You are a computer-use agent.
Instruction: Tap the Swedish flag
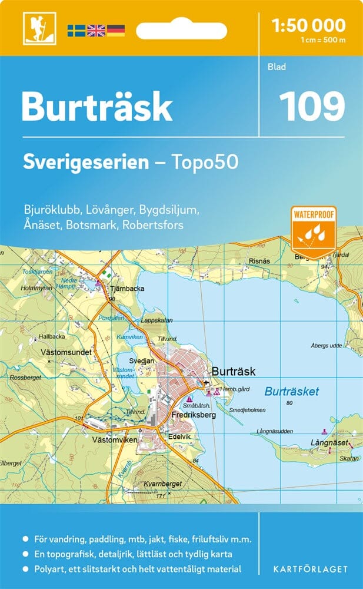(76, 30)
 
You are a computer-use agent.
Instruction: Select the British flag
(95, 30)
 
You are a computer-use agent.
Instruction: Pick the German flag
(115, 30)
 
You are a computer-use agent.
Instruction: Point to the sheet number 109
(312, 106)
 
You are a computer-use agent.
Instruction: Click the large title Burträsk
(97, 107)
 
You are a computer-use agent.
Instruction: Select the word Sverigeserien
(86, 162)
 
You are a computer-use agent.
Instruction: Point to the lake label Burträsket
(292, 391)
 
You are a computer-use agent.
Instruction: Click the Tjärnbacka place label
(127, 289)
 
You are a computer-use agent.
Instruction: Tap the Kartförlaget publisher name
(309, 569)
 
